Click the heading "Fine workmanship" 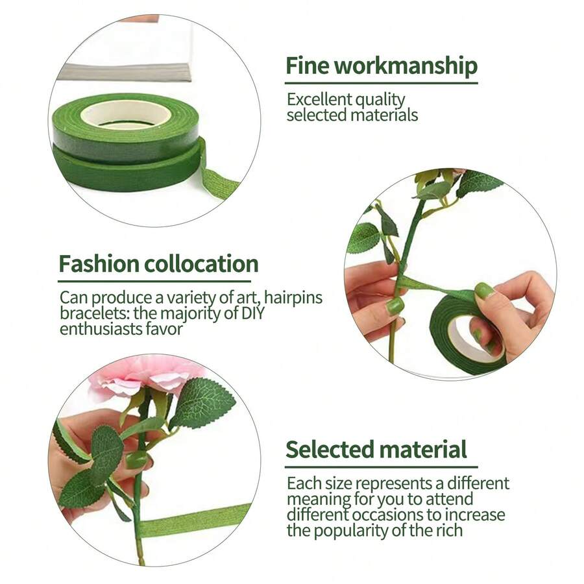(382, 66)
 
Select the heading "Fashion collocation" (158, 264)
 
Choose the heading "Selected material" (376, 449)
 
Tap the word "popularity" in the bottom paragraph (368, 530)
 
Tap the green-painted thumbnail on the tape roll (483, 290)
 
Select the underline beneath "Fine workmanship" (382, 83)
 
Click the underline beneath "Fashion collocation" (158, 282)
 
